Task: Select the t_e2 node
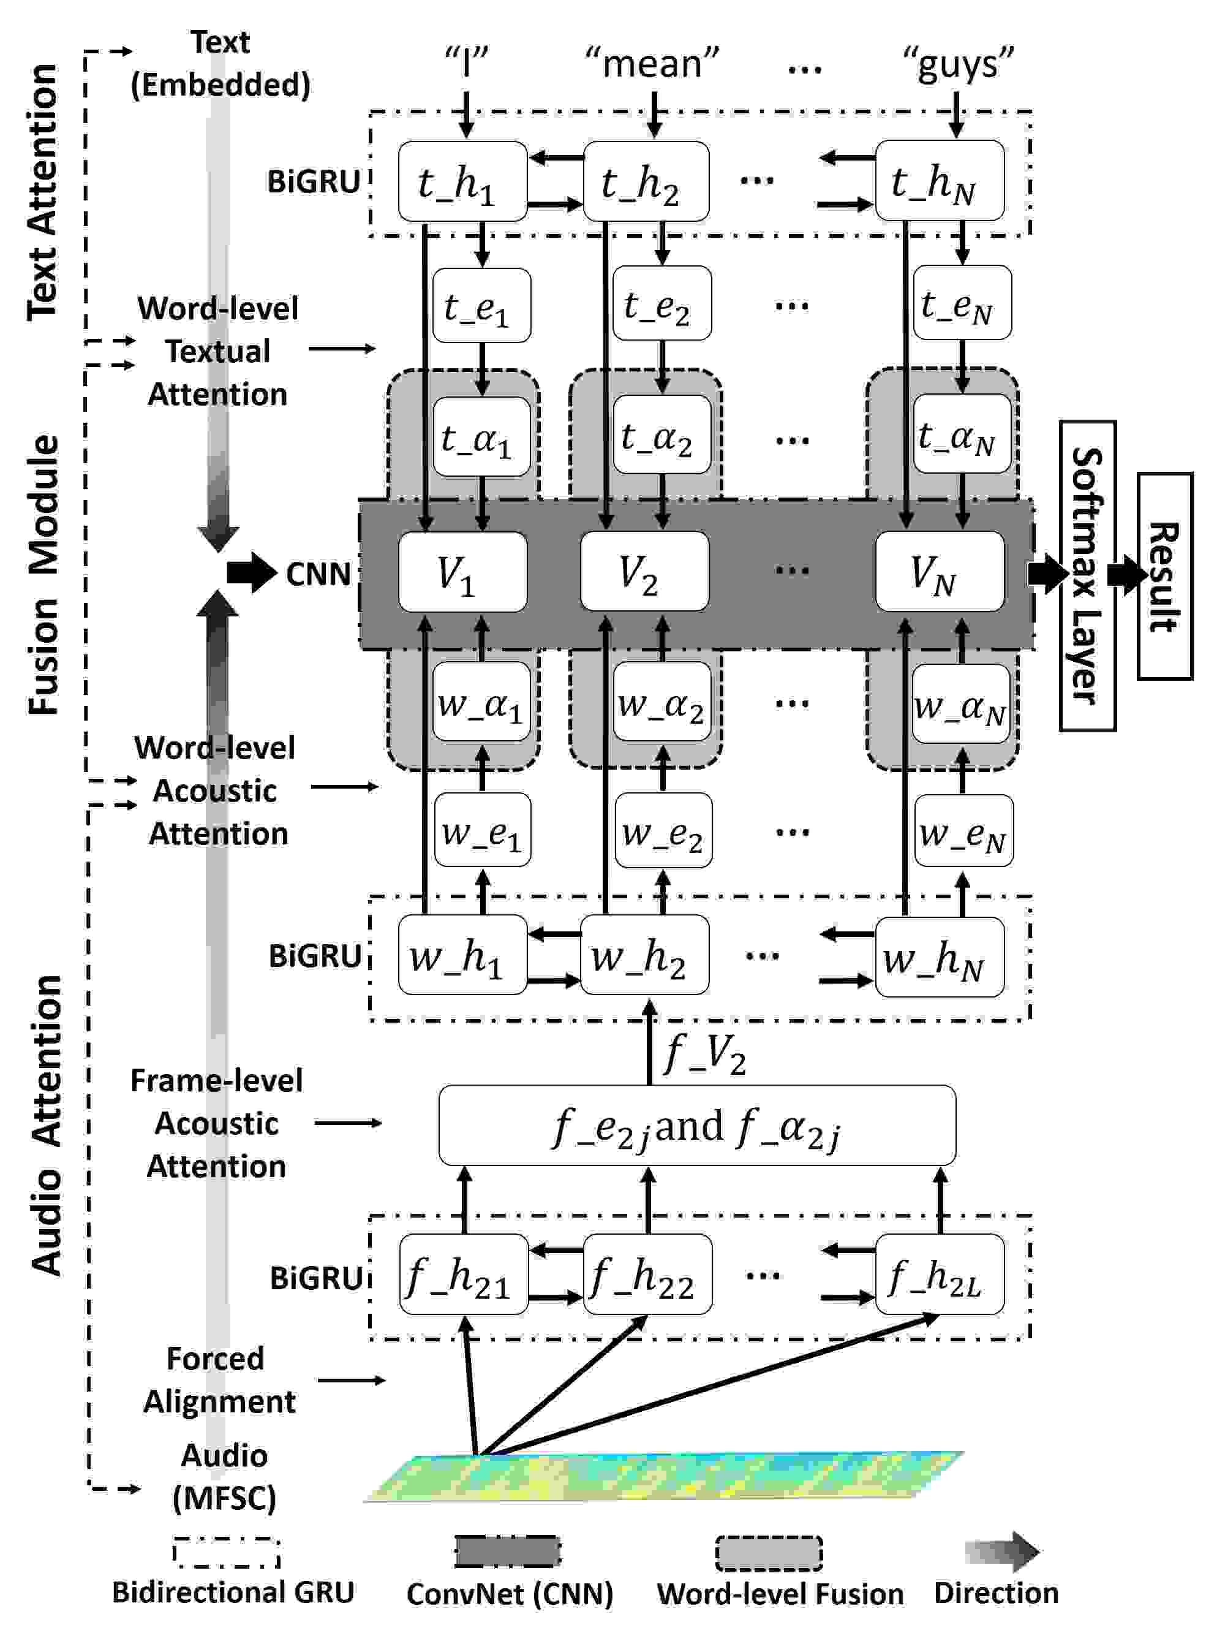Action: pyautogui.click(x=661, y=303)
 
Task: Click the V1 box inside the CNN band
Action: pyautogui.click(x=462, y=571)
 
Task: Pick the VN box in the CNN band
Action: pyautogui.click(x=940, y=571)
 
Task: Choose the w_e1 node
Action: pyautogui.click(x=483, y=830)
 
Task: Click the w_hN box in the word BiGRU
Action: pyautogui.click(x=940, y=955)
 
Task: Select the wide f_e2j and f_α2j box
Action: pyautogui.click(x=697, y=1126)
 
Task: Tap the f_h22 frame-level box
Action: pyautogui.click(x=647, y=1275)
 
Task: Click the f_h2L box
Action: pyautogui.click(x=940, y=1275)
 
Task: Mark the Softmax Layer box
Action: pyautogui.click(x=1088, y=575)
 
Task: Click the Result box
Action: pyautogui.click(x=1165, y=576)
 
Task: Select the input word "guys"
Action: pyautogui.click(x=958, y=64)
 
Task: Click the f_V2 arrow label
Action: pyautogui.click(x=705, y=1054)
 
